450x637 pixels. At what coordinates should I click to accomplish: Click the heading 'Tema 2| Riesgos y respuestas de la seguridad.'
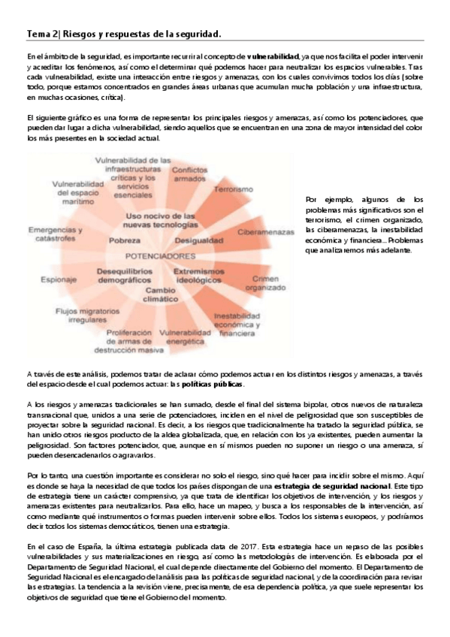point(123,34)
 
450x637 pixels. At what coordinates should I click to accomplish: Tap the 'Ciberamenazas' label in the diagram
point(264,233)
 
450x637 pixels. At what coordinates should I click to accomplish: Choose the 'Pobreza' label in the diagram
point(125,240)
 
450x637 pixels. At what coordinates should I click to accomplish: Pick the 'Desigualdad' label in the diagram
point(198,240)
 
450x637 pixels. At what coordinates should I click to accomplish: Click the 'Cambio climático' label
point(160,294)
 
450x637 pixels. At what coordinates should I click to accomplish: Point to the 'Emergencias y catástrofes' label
point(53,233)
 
